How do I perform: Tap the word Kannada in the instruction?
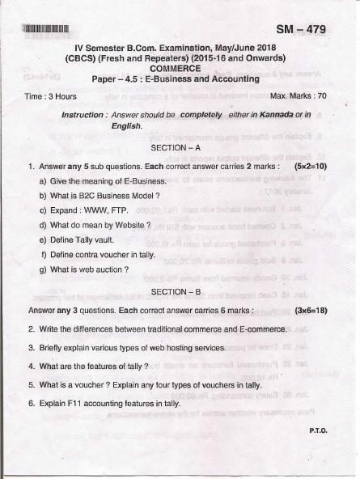point(279,116)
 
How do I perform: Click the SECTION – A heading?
point(180,148)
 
